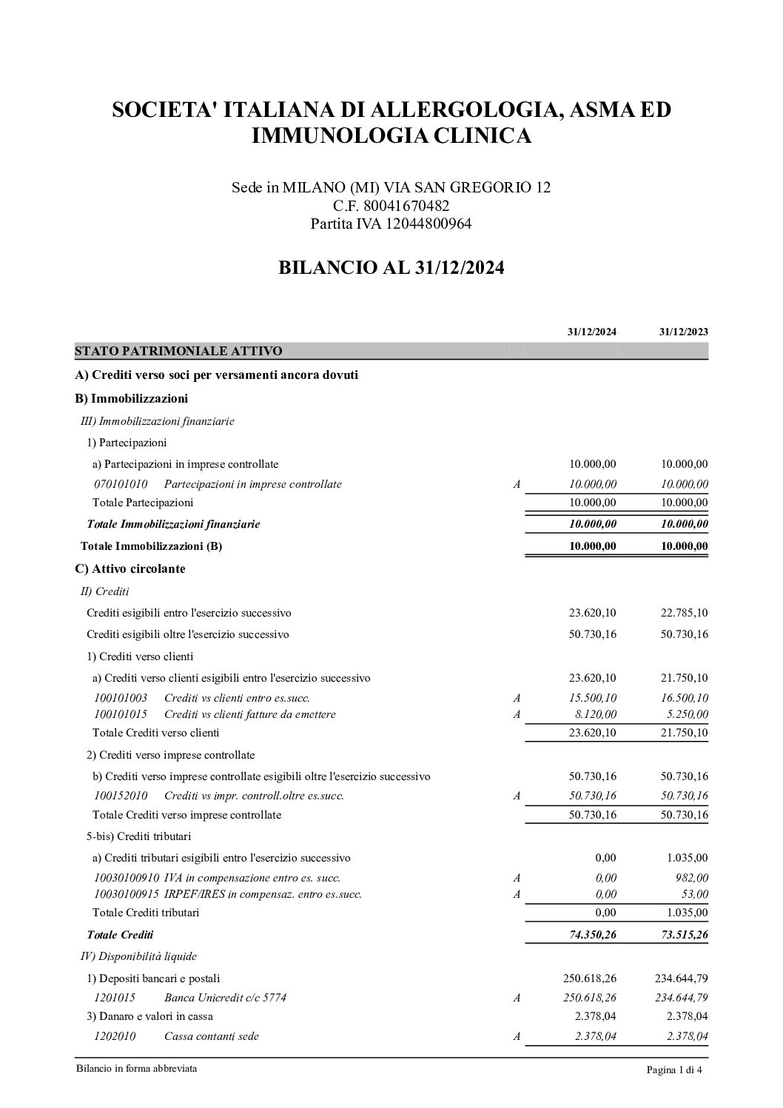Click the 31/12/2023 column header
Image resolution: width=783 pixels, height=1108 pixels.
click(683, 332)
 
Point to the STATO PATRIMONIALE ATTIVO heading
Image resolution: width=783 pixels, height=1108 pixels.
click(178, 350)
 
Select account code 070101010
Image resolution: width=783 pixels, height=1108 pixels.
click(121, 484)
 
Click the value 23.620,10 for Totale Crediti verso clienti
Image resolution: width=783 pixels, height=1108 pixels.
click(592, 733)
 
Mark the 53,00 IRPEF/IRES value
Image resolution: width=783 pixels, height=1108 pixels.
click(696, 894)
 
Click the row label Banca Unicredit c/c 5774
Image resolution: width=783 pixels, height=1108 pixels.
click(225, 997)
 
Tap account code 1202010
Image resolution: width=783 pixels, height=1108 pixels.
click(115, 1036)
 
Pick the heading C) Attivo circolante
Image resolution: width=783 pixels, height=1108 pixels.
click(130, 568)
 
